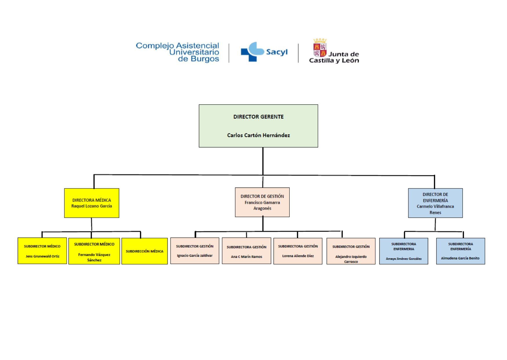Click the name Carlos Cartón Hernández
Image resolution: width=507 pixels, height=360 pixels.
point(258,135)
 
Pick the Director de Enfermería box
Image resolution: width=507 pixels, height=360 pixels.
point(435,203)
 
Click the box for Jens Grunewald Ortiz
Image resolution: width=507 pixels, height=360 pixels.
point(42,251)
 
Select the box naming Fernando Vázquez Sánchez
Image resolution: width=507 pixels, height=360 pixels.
point(94,251)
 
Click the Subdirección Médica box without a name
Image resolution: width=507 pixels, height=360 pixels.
point(144,251)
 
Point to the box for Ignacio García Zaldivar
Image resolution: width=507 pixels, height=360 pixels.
point(195,251)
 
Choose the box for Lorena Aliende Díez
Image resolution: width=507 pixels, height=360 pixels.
point(298,251)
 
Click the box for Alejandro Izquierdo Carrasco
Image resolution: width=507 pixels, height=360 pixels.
point(351,251)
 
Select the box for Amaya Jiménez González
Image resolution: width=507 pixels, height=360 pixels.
point(403,251)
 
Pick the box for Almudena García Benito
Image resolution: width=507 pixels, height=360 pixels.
point(460,251)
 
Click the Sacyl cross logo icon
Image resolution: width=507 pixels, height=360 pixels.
point(251,52)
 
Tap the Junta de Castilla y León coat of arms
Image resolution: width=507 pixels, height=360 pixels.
point(320,48)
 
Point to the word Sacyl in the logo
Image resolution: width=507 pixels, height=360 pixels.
point(277,52)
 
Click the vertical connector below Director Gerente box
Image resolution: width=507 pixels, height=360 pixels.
point(263,161)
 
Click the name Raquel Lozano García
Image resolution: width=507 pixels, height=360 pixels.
point(92,206)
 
